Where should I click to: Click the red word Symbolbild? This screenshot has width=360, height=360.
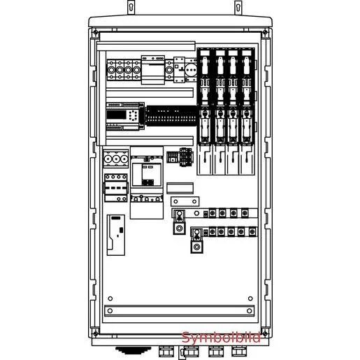(x=221, y=338)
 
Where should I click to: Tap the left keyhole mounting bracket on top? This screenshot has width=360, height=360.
(x=131, y=8)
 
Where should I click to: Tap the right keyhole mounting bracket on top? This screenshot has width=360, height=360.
(x=238, y=8)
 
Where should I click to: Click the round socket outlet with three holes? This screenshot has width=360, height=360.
(x=191, y=70)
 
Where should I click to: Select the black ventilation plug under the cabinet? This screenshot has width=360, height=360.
(x=133, y=350)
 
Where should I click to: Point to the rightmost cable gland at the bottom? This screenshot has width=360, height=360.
(x=239, y=351)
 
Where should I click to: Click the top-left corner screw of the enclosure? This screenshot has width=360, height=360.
(x=95, y=32)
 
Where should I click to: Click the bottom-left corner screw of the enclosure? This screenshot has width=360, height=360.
(x=95, y=333)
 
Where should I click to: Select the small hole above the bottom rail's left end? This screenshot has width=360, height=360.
(x=110, y=298)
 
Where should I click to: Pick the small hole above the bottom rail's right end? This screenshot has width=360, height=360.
(x=250, y=298)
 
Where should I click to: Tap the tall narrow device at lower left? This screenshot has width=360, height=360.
(x=116, y=235)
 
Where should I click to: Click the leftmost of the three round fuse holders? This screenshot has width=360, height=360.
(x=108, y=159)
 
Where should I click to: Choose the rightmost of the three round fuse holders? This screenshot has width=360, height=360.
(x=124, y=159)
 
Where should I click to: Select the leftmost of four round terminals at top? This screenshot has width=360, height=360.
(x=111, y=70)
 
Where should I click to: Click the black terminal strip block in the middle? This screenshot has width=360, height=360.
(x=172, y=116)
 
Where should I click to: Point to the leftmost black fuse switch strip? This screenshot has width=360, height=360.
(x=205, y=96)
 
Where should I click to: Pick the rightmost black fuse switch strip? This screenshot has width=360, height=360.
(x=247, y=96)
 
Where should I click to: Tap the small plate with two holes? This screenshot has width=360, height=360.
(x=185, y=201)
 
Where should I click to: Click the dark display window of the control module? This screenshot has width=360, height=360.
(x=116, y=115)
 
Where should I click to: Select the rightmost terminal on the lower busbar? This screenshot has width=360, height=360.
(x=252, y=232)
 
